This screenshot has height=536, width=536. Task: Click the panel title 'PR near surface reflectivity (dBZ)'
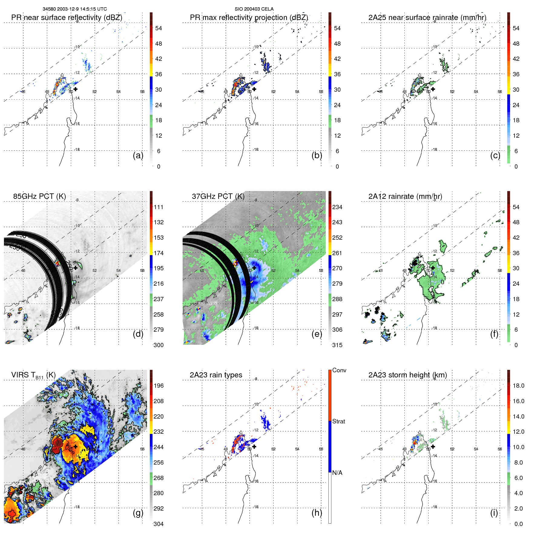(67, 18)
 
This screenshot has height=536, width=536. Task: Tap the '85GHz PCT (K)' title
(39, 196)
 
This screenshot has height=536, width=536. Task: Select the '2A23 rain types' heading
(216, 375)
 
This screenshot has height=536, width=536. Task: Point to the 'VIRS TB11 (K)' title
(33, 375)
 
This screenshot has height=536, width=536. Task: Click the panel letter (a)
(138, 155)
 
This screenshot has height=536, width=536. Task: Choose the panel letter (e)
(317, 334)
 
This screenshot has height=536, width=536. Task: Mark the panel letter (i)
(494, 513)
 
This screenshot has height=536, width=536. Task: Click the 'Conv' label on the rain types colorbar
(339, 370)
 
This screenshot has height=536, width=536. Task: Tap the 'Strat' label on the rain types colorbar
(338, 421)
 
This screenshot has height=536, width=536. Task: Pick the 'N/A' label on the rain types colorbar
(337, 473)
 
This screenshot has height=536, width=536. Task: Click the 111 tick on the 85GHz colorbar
(159, 207)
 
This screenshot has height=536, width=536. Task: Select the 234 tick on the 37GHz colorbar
(337, 207)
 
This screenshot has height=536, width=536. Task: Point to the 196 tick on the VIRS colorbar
(159, 386)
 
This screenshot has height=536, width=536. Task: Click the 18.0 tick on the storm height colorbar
(518, 386)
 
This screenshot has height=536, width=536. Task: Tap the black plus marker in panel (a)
(75, 89)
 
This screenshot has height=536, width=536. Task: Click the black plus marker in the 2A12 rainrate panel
(433, 268)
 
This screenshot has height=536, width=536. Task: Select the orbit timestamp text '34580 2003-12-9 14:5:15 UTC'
(74, 9)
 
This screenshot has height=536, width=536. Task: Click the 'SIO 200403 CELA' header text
(254, 9)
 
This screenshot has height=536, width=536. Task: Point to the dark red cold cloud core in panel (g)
(56, 446)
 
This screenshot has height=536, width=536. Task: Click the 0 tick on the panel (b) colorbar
(337, 166)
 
